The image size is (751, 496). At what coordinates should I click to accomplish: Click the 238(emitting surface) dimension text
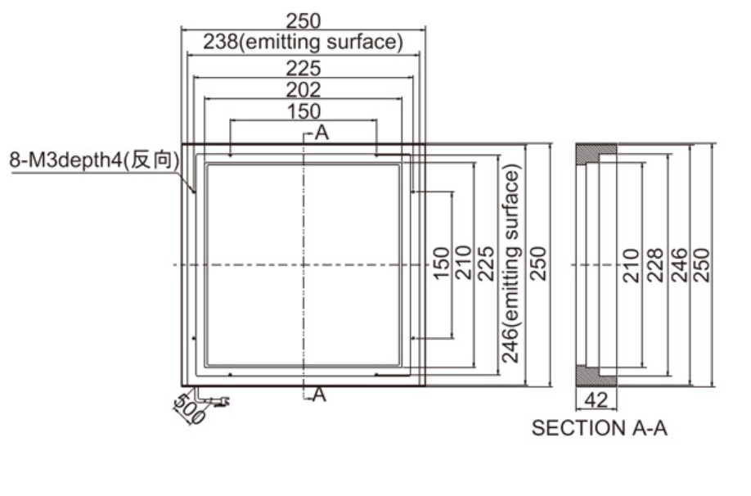click(303, 42)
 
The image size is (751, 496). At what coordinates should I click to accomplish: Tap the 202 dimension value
click(304, 90)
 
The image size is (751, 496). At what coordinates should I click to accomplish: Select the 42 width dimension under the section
click(596, 399)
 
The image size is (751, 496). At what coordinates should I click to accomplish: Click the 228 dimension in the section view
click(655, 265)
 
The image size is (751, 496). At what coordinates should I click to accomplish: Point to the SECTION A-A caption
click(599, 428)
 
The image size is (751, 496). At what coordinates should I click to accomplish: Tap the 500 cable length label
click(190, 408)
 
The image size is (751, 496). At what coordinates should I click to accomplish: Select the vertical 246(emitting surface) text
click(510, 264)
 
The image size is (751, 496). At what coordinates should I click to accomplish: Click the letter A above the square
click(322, 133)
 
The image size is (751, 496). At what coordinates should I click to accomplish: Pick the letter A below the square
click(320, 395)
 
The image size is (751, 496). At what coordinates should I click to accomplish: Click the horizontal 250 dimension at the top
click(304, 20)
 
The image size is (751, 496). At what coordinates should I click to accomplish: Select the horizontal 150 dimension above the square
click(304, 111)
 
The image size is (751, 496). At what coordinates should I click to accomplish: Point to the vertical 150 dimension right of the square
click(441, 263)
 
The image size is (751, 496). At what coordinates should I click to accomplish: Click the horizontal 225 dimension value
click(304, 69)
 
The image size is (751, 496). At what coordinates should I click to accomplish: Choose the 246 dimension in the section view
click(680, 265)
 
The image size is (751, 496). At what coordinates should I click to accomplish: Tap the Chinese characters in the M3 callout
click(152, 160)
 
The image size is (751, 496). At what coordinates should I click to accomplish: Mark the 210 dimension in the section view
click(631, 265)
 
